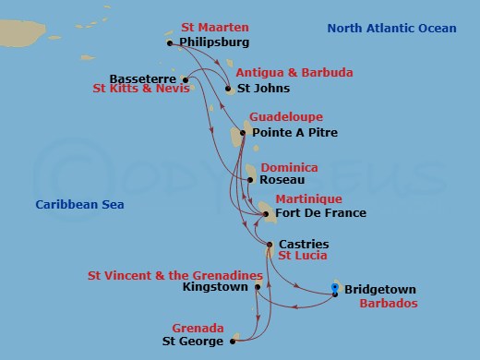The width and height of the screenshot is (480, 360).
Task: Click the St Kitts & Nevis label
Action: click(141, 90)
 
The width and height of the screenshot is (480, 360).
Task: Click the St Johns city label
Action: click(263, 89)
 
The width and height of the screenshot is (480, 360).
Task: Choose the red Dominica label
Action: click(289, 168)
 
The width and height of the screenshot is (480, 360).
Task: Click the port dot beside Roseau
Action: click(248, 182)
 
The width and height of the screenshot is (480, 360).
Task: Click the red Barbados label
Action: click(388, 303)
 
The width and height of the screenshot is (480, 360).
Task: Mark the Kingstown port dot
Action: click(258, 287)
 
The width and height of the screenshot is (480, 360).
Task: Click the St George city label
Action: click(192, 342)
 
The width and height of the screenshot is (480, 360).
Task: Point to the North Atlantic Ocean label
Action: click(391, 29)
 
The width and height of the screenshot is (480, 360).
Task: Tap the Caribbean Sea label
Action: click(79, 204)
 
